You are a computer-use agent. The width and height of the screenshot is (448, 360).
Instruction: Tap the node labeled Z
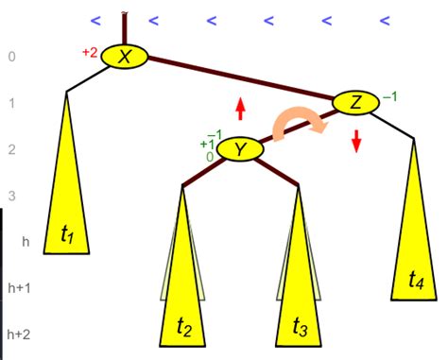click(x=355, y=102)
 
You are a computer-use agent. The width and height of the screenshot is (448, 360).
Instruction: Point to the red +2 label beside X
click(x=90, y=53)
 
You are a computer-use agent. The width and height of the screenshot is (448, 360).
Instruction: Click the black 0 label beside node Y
click(x=210, y=157)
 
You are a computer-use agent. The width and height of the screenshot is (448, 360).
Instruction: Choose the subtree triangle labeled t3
click(x=299, y=283)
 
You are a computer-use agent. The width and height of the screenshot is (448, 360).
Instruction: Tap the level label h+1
click(x=20, y=287)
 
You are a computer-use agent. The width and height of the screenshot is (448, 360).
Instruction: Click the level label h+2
click(x=20, y=334)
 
